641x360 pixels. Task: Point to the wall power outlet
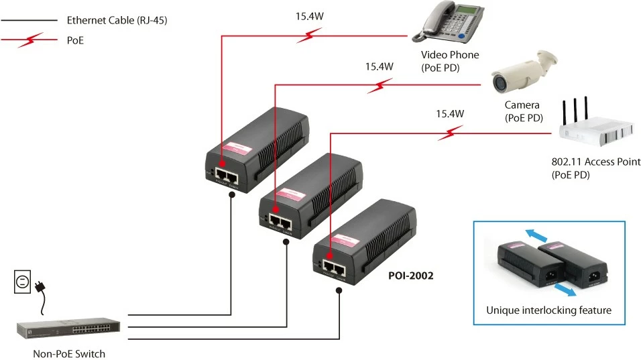tap(23, 282)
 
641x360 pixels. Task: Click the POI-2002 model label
tap(411, 275)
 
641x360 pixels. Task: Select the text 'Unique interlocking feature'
tap(548, 310)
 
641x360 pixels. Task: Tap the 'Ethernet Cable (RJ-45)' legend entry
tap(117, 21)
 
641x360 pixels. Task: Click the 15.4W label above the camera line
tap(379, 67)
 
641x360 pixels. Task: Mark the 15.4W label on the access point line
tap(449, 114)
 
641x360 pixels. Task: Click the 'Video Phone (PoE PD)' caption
tap(450, 61)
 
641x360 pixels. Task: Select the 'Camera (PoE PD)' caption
tap(523, 111)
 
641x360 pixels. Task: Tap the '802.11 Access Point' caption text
tap(595, 162)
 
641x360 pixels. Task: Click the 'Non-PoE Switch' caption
tap(69, 353)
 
